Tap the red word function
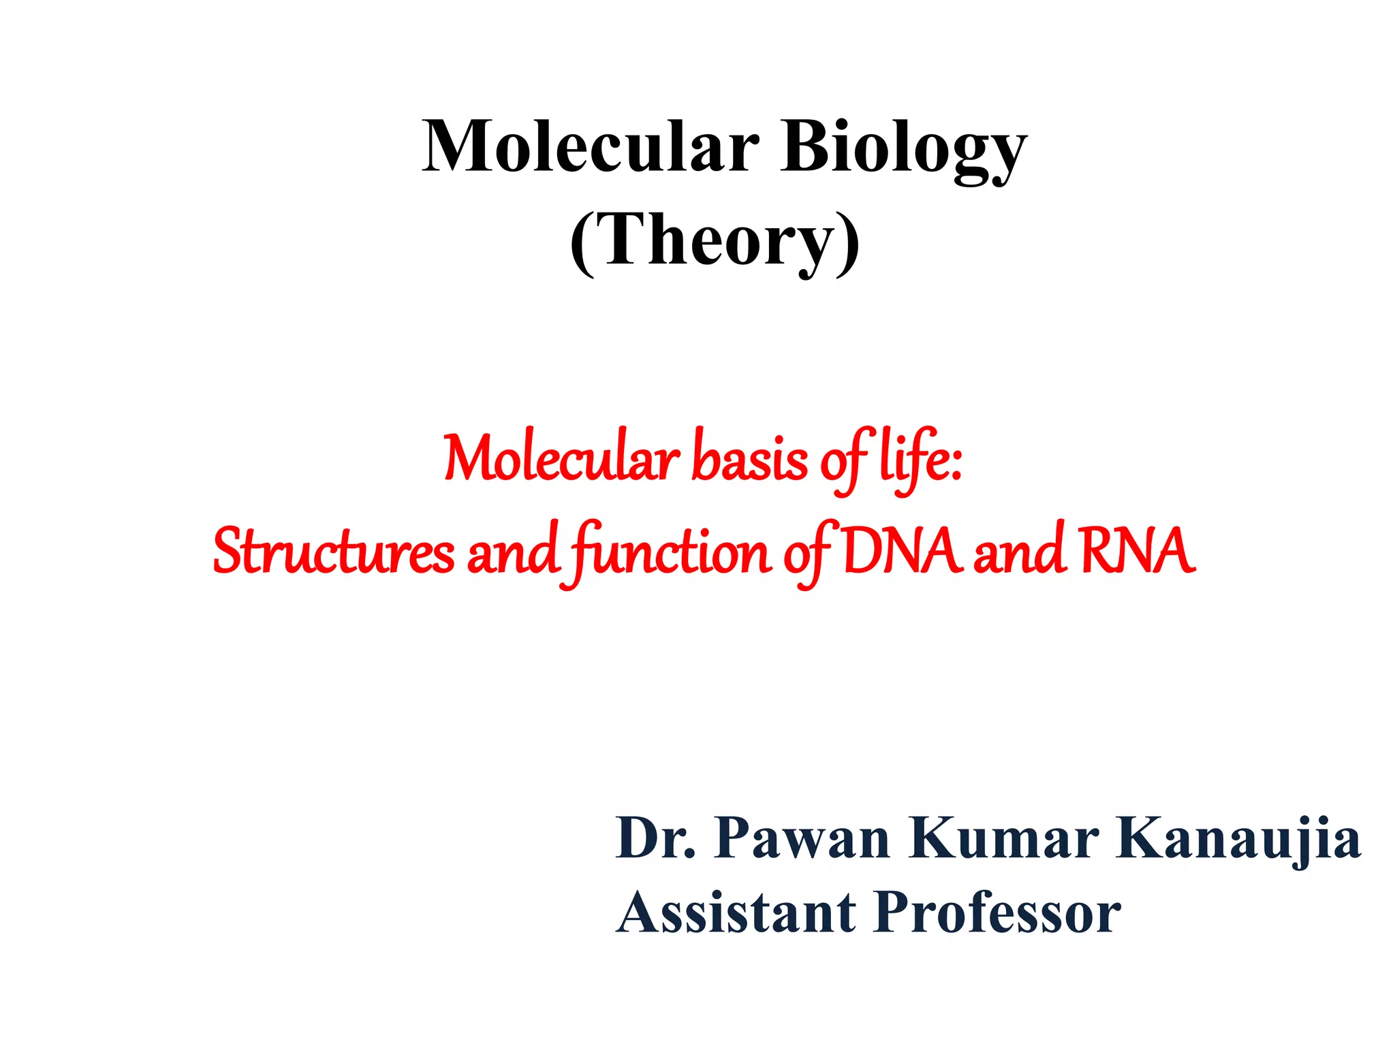[671, 552]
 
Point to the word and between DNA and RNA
[1018, 552]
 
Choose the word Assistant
[736, 913]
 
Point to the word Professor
[998, 913]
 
